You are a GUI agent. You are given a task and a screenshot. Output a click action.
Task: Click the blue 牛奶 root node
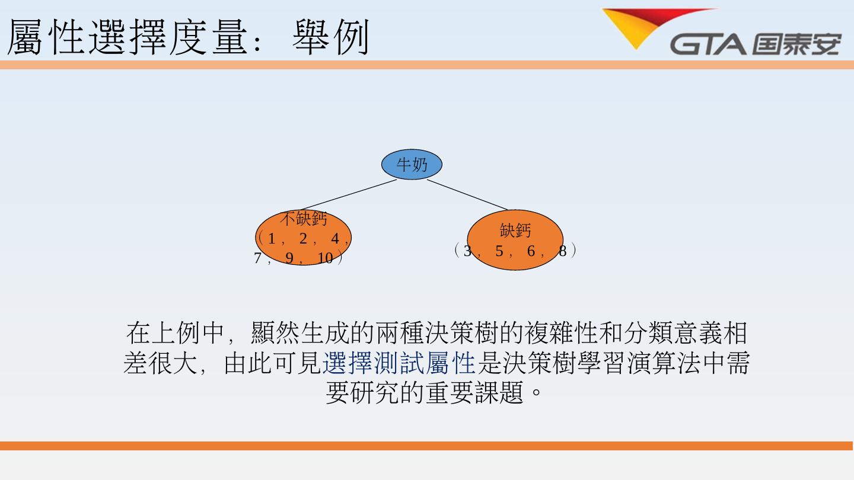click(x=412, y=165)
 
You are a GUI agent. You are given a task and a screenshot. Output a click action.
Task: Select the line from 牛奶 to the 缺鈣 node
click(x=467, y=194)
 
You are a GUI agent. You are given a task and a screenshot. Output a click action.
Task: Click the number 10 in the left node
click(x=325, y=258)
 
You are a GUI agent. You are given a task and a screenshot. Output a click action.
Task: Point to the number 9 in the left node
click(x=289, y=258)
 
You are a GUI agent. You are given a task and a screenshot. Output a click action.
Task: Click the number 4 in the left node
click(x=335, y=239)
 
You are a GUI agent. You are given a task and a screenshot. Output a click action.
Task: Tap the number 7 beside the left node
click(x=258, y=258)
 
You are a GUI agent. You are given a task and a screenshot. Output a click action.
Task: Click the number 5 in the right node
click(x=499, y=251)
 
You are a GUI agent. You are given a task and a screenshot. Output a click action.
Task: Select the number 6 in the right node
click(x=531, y=251)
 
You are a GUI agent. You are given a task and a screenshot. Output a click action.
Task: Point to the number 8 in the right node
click(x=562, y=251)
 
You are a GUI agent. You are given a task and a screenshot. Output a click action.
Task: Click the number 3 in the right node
click(x=468, y=251)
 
